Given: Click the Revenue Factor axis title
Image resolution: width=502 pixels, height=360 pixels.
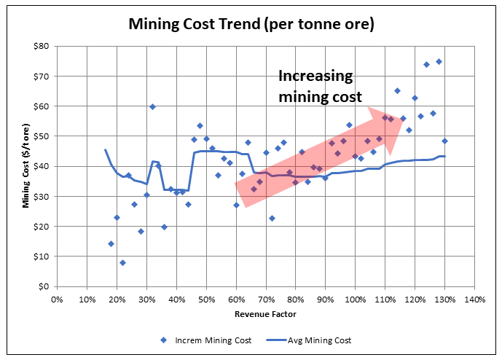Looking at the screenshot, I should click(x=265, y=314).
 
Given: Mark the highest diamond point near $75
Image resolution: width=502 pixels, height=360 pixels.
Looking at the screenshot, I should click(x=439, y=61).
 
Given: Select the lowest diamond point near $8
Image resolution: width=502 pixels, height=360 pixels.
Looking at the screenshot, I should click(x=122, y=262).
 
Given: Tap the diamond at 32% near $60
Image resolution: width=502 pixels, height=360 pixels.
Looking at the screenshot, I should click(x=152, y=106).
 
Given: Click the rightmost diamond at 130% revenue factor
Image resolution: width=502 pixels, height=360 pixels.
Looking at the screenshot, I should click(x=444, y=141).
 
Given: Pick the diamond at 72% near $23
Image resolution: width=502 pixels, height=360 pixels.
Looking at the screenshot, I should click(x=272, y=218).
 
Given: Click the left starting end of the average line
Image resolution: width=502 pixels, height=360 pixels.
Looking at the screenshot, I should click(x=105, y=150).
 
